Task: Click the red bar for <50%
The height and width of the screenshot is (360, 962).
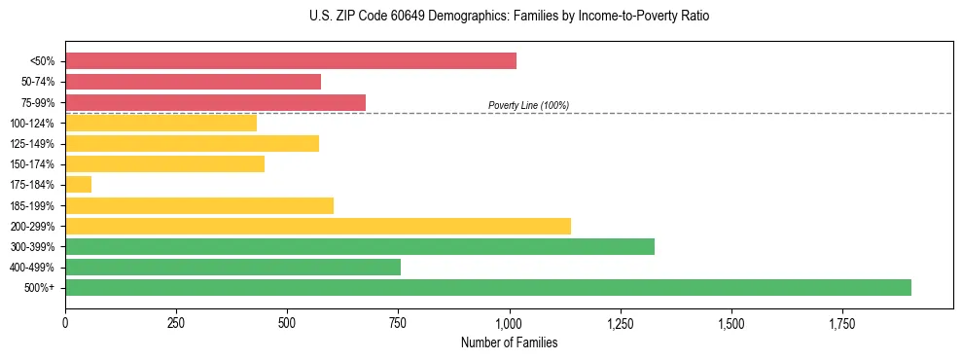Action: [x=290, y=61]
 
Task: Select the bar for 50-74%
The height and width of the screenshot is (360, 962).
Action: [x=193, y=82]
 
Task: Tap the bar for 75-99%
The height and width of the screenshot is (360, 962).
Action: [x=215, y=102]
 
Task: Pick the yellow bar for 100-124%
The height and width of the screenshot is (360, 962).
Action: [x=160, y=123]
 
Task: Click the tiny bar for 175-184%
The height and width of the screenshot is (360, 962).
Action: [x=78, y=184]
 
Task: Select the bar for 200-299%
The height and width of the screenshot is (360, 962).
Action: [x=317, y=226]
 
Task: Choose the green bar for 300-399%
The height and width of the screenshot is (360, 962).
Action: [x=359, y=246]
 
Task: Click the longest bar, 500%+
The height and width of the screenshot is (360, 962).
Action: [x=487, y=287]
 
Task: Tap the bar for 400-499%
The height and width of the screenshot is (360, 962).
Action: [x=232, y=267]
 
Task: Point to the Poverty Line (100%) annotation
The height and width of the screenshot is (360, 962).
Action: [x=528, y=105]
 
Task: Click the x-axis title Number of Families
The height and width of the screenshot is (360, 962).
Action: [x=509, y=342]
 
